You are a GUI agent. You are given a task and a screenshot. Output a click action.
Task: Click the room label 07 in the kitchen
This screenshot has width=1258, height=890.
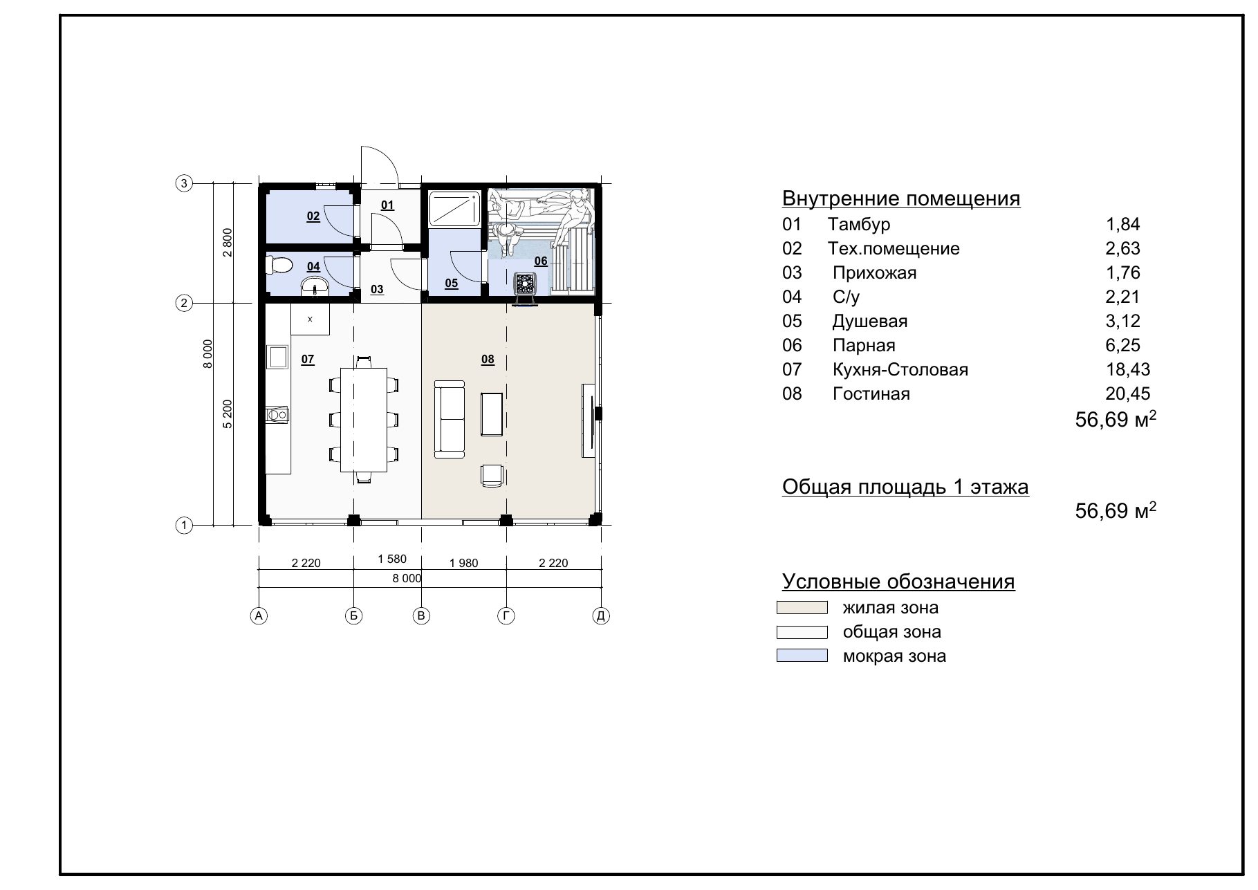[x=308, y=359]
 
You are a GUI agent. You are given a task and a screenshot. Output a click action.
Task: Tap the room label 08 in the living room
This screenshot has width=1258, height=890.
[x=488, y=359]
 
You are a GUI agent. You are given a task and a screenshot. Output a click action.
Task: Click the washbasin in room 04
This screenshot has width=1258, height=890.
[x=316, y=287]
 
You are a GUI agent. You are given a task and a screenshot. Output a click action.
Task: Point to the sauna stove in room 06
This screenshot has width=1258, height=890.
[x=526, y=286]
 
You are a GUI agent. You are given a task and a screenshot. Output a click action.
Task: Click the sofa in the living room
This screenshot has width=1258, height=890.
[x=450, y=419]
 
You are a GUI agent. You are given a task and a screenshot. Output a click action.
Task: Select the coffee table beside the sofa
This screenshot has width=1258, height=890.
[x=492, y=414]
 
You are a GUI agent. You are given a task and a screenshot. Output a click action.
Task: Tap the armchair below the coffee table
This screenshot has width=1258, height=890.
[x=492, y=476]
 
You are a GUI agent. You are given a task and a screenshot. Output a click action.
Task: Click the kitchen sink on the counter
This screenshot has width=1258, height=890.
[x=279, y=357]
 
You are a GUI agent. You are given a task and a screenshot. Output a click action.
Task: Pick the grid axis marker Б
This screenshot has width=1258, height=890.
[x=353, y=615]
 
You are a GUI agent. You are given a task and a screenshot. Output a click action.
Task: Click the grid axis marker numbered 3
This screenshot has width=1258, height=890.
[x=183, y=183]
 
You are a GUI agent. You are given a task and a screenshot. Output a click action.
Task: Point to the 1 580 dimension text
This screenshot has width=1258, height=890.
[x=392, y=559]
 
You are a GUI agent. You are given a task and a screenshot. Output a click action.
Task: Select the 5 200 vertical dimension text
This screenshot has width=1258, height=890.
[x=228, y=414]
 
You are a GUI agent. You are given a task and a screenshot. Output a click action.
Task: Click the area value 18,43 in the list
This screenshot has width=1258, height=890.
[x=1128, y=369]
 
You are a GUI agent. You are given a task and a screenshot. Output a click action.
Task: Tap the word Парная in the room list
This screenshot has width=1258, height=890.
[x=864, y=345]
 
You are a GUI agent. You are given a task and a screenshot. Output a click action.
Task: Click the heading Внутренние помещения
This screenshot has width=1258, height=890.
[x=901, y=198]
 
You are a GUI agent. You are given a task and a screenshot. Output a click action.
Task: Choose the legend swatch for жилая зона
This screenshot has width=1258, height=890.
[x=802, y=608]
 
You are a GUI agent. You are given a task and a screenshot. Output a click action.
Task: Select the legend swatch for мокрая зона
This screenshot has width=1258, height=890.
[x=802, y=656]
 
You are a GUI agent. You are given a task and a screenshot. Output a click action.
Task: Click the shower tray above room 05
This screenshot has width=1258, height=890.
[x=454, y=210]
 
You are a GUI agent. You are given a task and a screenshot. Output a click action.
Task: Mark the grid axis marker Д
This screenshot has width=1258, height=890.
[x=601, y=615]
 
